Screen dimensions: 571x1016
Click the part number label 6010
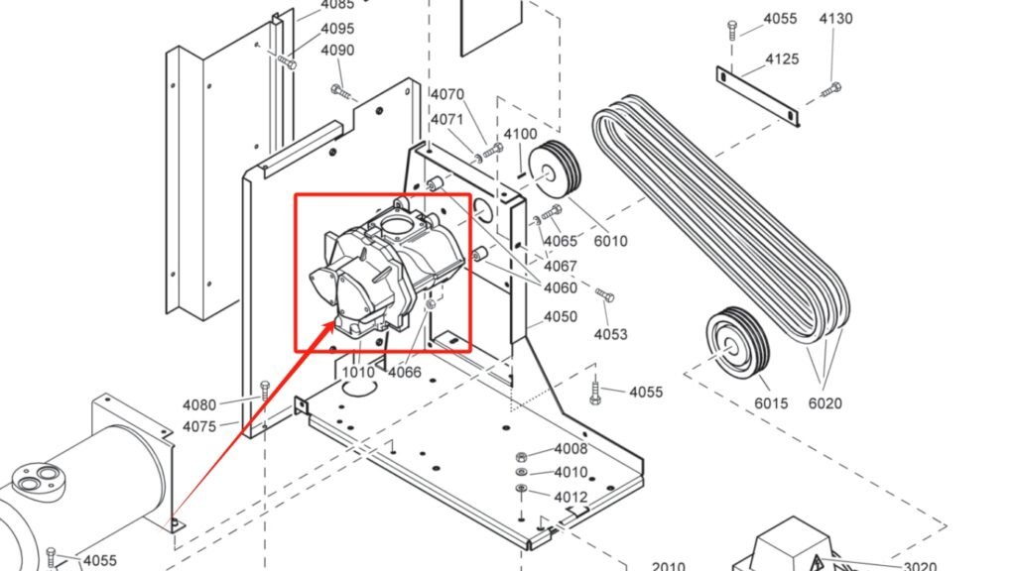pos(610,241)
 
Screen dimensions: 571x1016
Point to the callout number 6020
pos(825,402)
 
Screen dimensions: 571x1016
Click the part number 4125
pos(782,59)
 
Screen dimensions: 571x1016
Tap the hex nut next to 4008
pos(521,456)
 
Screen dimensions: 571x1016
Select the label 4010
pos(571,473)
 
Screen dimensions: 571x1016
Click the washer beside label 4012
pos(521,489)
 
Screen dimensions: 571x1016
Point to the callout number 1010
pos(358,373)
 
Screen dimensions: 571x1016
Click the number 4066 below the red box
pos(404,373)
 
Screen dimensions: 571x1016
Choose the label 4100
pos(520,134)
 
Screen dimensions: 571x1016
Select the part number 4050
pos(560,317)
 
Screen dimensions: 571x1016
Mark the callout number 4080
pos(198,404)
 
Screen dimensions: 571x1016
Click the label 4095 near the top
pos(337,29)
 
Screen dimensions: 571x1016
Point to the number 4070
pos(446,95)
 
